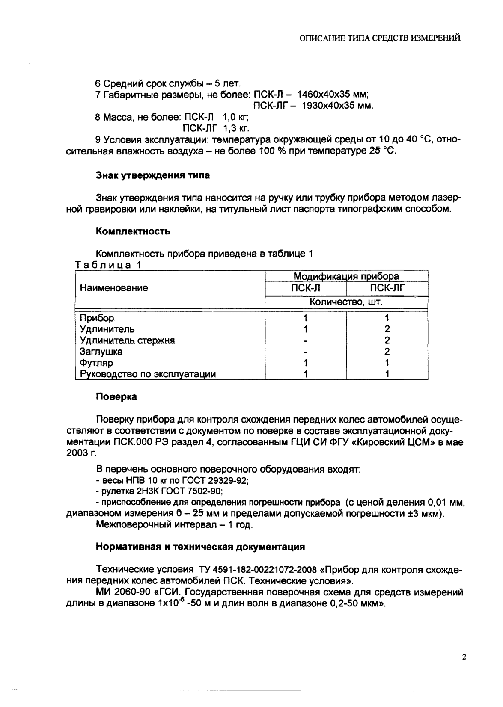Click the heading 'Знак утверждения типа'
pyautogui.click(x=153, y=175)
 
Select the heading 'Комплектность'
pyautogui.click(x=133, y=231)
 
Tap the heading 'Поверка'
pyautogui.click(x=116, y=397)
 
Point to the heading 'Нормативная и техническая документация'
pyautogui.click(x=200, y=547)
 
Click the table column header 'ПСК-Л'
pyautogui.click(x=305, y=288)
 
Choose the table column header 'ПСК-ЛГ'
pyautogui.click(x=387, y=288)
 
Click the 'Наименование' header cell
pyautogui.click(x=114, y=288)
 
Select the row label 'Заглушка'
pyautogui.click(x=101, y=352)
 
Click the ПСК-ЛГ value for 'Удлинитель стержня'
pyautogui.click(x=387, y=341)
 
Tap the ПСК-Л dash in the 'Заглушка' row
pyautogui.click(x=305, y=352)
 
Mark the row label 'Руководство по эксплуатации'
pyautogui.click(x=148, y=374)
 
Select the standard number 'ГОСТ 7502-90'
pyautogui.click(x=190, y=491)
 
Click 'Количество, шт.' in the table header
pyautogui.click(x=346, y=302)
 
